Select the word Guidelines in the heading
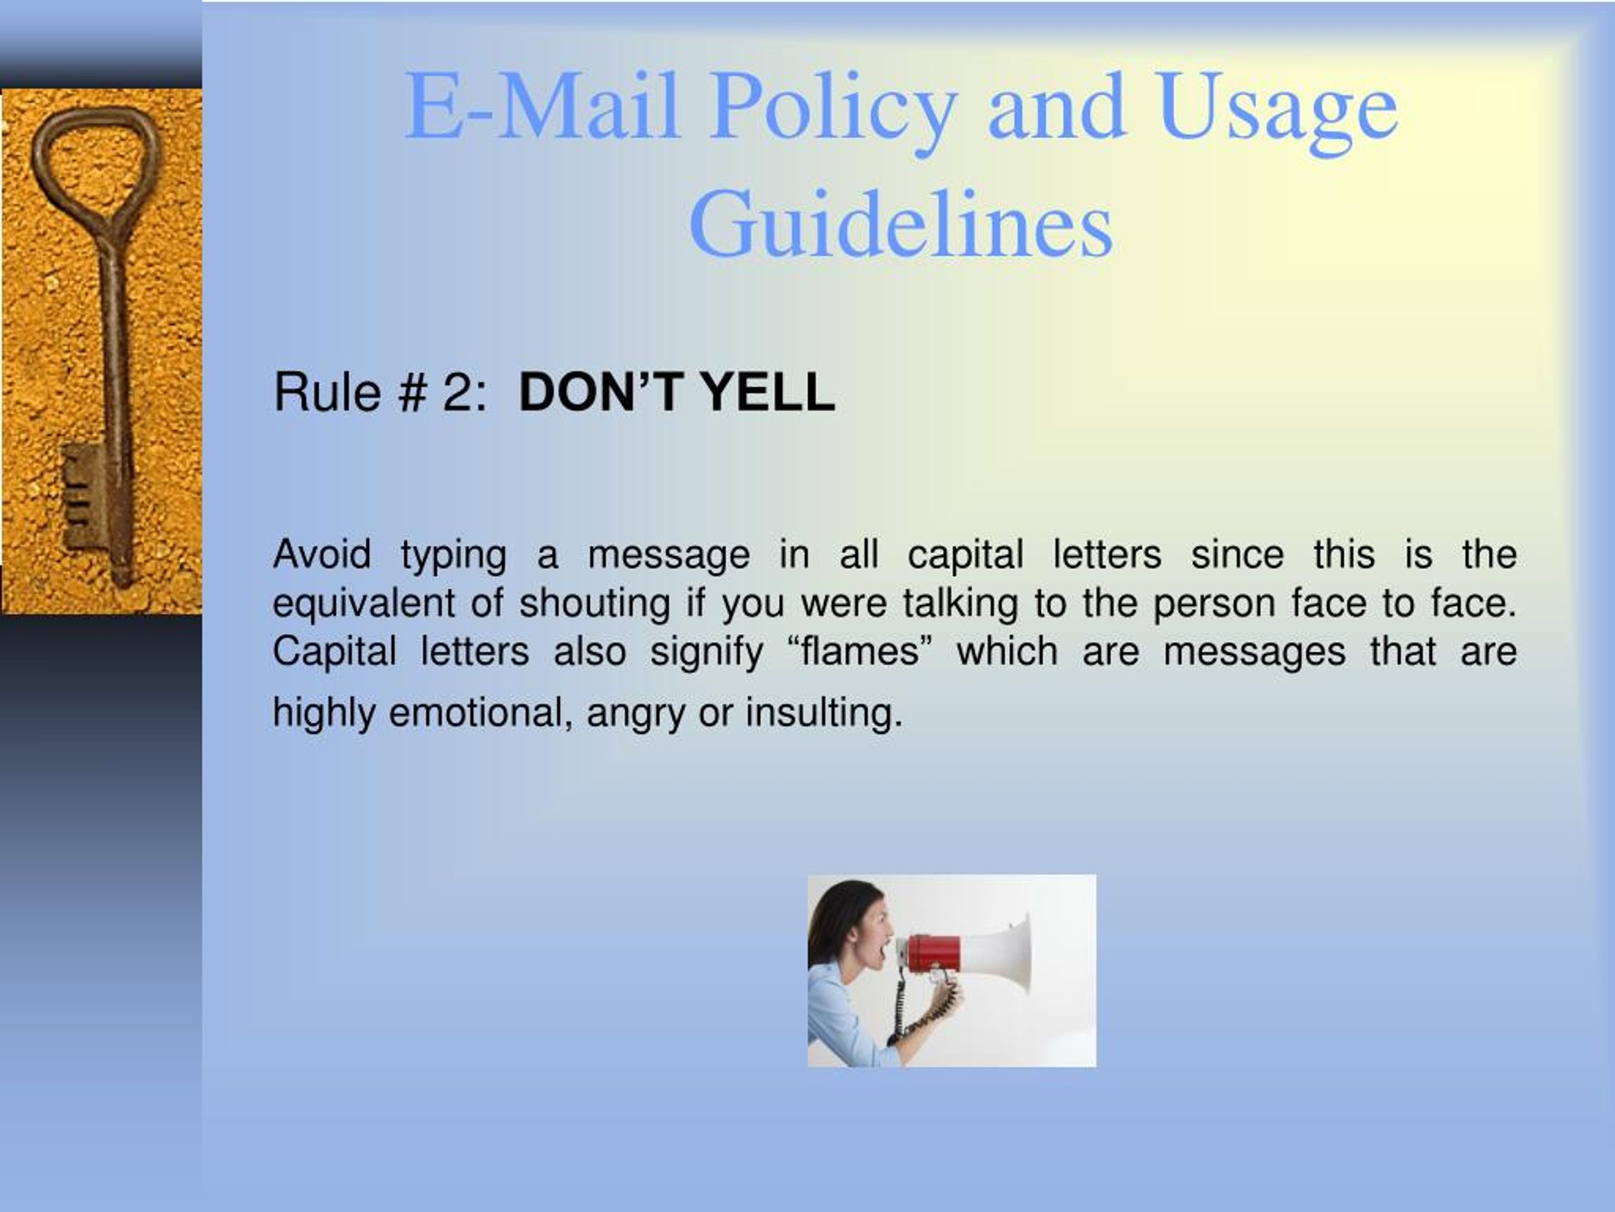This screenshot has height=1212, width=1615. pos(900,223)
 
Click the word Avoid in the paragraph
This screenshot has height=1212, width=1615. pos(322,554)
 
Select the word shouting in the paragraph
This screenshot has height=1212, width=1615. pos(595,604)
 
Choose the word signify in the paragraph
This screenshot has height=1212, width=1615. pos(707,652)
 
